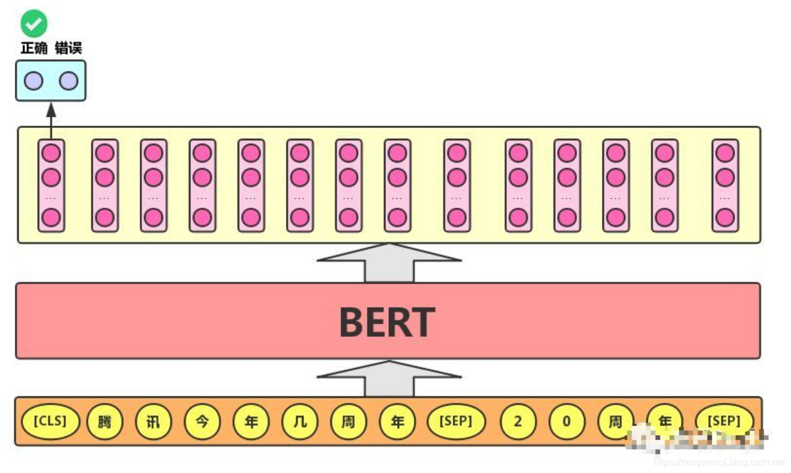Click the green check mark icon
[x=34, y=24]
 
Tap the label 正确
[x=34, y=48]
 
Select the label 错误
[x=68, y=48]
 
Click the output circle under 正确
[x=34, y=81]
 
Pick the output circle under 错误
[x=68, y=81]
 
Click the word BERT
[x=387, y=322]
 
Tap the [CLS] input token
[x=50, y=422]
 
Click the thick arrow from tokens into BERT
[x=389, y=379]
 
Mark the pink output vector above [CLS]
[x=51, y=185]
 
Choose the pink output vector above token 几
[x=300, y=185]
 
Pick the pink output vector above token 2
[x=518, y=185]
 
